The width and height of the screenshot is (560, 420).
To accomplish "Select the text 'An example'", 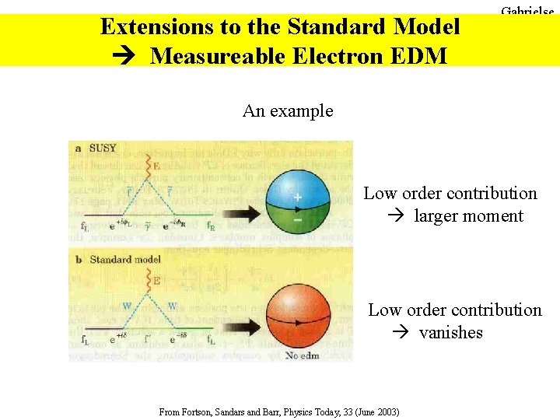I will coord(288,110).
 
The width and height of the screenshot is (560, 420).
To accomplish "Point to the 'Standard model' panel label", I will coord(125,259).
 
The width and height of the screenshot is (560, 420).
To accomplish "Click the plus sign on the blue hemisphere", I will coord(297,198).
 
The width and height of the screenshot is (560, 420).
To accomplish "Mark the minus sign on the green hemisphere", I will coord(297,219).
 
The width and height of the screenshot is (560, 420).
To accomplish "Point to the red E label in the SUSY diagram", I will coord(156,166).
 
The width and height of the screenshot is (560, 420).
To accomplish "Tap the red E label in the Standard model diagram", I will coord(156,279).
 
